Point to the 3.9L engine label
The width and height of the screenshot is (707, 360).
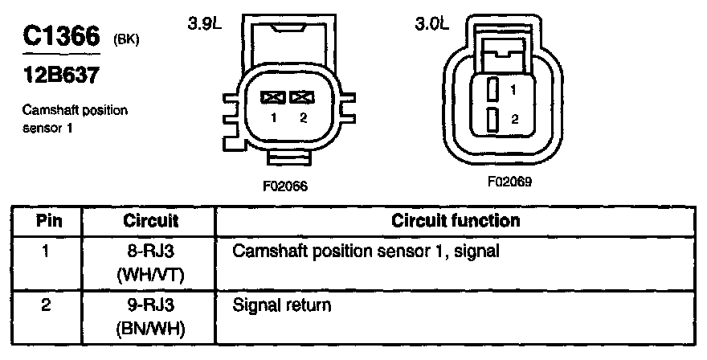[x=204, y=25]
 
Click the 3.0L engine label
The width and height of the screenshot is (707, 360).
[x=431, y=25]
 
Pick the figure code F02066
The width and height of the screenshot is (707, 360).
[x=285, y=186]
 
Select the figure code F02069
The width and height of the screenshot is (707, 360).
[x=509, y=182]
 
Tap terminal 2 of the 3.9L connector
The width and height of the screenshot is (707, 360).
[x=302, y=97]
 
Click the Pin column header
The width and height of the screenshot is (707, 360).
[x=46, y=220]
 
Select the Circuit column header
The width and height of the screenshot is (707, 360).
[x=150, y=220]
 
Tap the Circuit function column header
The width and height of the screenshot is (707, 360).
[x=456, y=220]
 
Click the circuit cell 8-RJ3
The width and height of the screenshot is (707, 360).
[x=150, y=252]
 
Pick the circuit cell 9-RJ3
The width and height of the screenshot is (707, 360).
[x=150, y=305]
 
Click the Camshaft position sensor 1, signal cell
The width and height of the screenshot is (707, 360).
[x=366, y=252]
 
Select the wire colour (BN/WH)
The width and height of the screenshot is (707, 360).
[x=150, y=329]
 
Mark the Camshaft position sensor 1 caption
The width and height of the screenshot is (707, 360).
[x=75, y=118]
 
